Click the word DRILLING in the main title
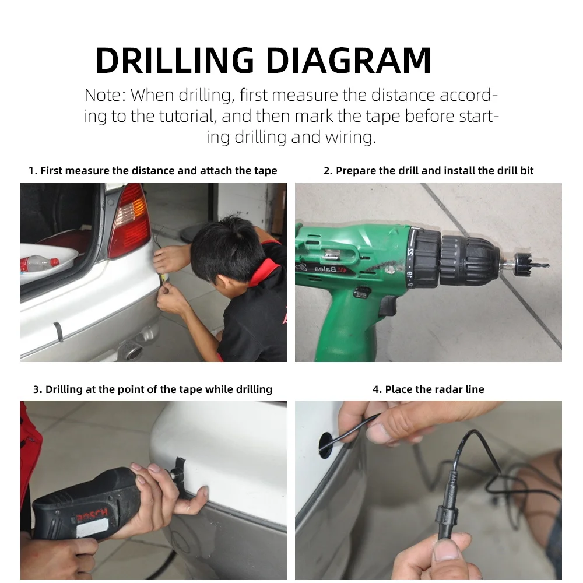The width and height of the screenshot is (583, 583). (175, 61)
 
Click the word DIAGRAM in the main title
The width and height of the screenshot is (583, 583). (349, 61)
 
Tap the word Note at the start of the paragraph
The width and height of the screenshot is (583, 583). (102, 95)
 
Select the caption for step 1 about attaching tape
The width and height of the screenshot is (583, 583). (153, 171)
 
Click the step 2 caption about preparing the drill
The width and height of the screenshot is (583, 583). (429, 171)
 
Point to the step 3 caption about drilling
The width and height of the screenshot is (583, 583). (153, 389)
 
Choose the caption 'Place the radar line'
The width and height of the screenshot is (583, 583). (429, 389)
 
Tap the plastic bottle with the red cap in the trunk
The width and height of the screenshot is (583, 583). (39, 264)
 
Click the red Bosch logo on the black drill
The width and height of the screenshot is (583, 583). (92, 516)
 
